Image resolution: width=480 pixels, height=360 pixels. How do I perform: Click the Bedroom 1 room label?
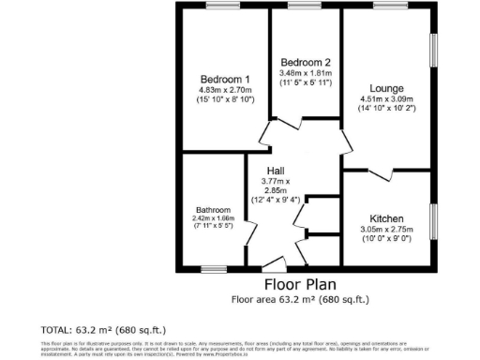(225, 79)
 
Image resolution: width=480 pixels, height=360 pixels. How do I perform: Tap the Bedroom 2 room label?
(304, 63)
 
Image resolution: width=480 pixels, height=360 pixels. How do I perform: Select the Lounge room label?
(385, 86)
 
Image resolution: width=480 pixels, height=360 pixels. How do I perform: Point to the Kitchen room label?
(386, 215)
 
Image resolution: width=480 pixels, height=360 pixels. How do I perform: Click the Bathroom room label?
(213, 209)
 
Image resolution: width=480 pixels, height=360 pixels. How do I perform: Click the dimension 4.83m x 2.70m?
(225, 89)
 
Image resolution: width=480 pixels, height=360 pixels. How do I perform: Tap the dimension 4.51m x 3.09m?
(385, 97)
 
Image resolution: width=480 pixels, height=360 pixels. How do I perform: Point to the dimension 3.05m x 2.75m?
(386, 227)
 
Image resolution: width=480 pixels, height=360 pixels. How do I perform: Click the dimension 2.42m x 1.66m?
(213, 218)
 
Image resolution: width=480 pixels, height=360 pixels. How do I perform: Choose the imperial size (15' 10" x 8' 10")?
(225, 99)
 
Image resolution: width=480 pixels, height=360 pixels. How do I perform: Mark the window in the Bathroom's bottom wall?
(214, 269)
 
